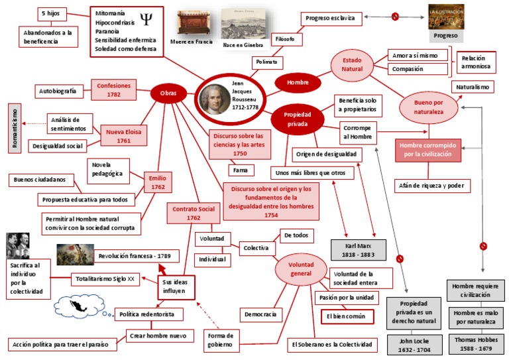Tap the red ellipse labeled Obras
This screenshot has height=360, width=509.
pyautogui.click(x=168, y=93)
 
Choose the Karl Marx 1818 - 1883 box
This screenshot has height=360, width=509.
pyautogui.click(x=357, y=249)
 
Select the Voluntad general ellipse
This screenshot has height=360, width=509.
pyautogui.click(x=300, y=269)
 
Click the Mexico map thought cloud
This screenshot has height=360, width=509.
pyautogui.click(x=77, y=305)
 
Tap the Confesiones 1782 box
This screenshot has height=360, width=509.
pyautogui.click(x=114, y=90)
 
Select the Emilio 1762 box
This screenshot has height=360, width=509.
pyautogui.click(x=158, y=182)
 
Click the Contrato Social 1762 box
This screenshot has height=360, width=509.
pyautogui.click(x=193, y=213)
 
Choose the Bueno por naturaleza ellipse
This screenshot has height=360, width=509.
pyautogui.click(x=429, y=107)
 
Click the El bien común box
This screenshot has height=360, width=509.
pyautogui.click(x=347, y=317)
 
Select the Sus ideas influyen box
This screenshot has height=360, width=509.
pyautogui.click(x=176, y=286)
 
